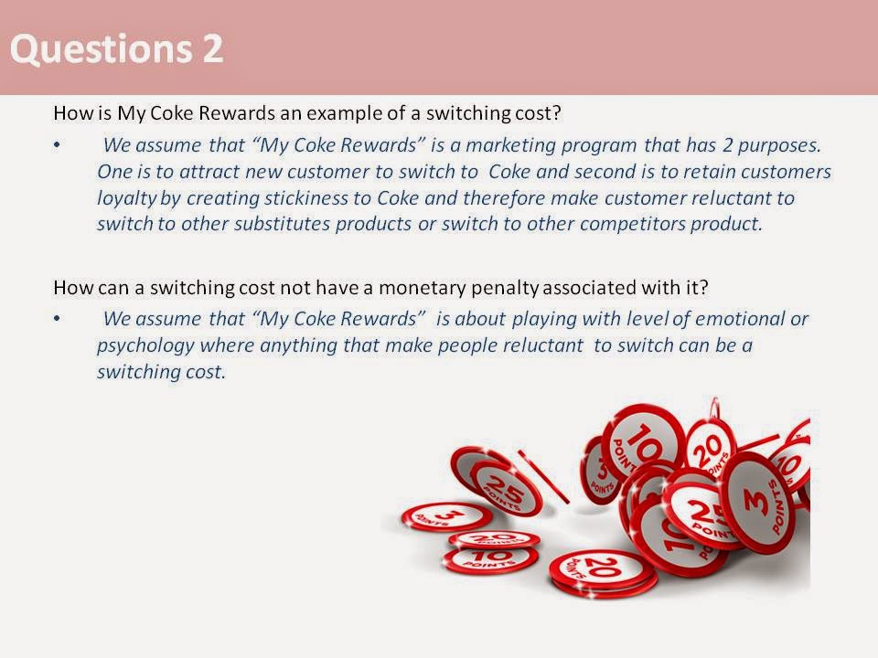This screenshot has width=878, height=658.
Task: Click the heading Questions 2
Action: tap(117, 48)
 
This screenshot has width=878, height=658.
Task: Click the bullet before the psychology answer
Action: tap(58, 320)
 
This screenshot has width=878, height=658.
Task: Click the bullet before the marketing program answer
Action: tap(58, 145)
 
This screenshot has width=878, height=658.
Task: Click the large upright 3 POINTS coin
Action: tap(757, 498)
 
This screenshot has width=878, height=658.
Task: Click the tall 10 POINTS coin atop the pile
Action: tap(644, 445)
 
